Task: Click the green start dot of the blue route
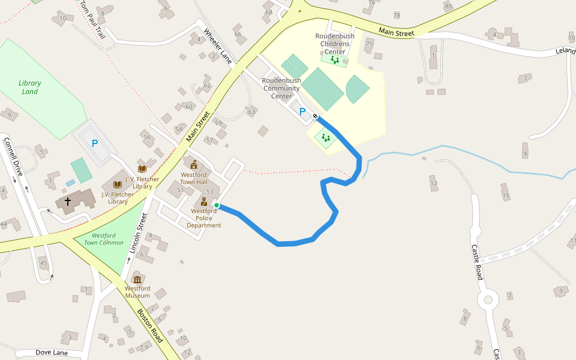(x=217, y=205)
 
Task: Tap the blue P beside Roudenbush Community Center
(x=302, y=112)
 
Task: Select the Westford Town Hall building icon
(x=194, y=164)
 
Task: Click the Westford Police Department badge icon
(x=204, y=202)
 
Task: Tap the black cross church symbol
(x=67, y=202)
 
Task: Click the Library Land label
(x=30, y=88)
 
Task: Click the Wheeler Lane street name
(x=217, y=46)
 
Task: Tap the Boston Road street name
(x=150, y=326)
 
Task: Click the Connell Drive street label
(x=13, y=157)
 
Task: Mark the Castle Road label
(x=477, y=262)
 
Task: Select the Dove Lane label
(x=52, y=353)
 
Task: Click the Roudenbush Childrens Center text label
(x=335, y=44)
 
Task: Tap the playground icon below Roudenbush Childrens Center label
(x=334, y=59)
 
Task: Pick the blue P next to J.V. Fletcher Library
(x=94, y=144)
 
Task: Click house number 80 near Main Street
(x=448, y=7)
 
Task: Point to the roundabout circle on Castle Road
(x=488, y=299)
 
